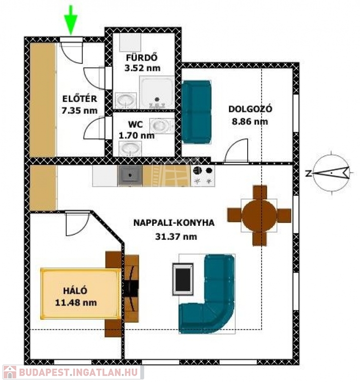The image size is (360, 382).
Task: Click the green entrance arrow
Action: coord(71,21)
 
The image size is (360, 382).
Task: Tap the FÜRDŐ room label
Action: coord(142,58)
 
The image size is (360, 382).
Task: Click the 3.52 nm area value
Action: coord(143,68)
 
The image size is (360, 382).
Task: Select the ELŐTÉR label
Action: coord(80,99)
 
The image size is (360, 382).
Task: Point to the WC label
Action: coord(135,125)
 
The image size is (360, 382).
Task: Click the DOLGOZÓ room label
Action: coord(250,109)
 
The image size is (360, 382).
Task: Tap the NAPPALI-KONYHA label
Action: coord(174,223)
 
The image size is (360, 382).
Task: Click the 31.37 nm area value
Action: coord(176,237)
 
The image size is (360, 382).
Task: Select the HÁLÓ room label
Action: coord(75,290)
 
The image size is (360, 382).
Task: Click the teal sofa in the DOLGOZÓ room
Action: coord(196,112)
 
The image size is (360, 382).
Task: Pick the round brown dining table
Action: coord(260,215)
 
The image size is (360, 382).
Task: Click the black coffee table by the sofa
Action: coord(183,279)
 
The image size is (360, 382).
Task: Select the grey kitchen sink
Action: coord(130,176)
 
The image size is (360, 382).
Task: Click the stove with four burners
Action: coord(203,176)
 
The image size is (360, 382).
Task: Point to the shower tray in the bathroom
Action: coord(157,93)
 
